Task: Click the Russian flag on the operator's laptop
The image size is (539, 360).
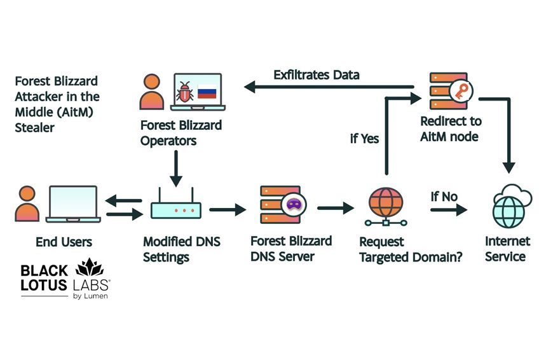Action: point(207,92)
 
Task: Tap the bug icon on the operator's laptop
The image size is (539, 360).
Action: point(185,93)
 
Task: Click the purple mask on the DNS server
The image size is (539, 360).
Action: point(295,204)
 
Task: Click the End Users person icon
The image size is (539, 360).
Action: point(27,204)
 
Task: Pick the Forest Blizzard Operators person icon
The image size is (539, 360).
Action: point(151,93)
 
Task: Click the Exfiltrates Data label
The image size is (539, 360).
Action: point(316,75)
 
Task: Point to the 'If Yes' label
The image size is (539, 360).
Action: point(364,139)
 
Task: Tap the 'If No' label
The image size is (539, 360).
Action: point(444,197)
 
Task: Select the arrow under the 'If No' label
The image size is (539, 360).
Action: point(448,209)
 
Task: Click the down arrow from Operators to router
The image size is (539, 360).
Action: point(175,167)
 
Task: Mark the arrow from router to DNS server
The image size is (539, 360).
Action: point(227,209)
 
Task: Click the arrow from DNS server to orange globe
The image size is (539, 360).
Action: point(335,209)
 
